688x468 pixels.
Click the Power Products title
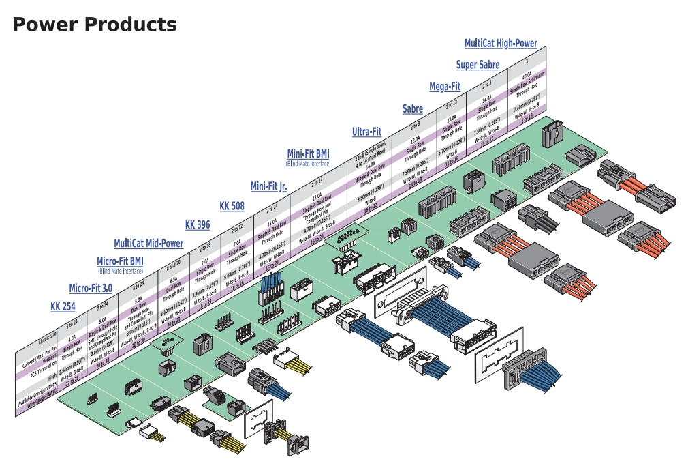click(95, 25)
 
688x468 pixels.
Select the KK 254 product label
click(63, 306)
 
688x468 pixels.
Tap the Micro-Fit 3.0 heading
click(91, 289)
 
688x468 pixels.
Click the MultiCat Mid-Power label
click(148, 243)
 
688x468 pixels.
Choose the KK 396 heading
click(198, 224)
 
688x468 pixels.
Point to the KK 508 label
click(231, 206)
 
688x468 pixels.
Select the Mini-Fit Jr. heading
click(268, 186)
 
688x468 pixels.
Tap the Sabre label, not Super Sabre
click(412, 108)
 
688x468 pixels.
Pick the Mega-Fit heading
click(445, 87)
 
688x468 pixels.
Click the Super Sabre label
click(478, 65)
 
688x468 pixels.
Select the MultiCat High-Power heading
click(501, 43)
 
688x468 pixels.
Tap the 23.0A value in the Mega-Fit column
click(451, 117)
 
